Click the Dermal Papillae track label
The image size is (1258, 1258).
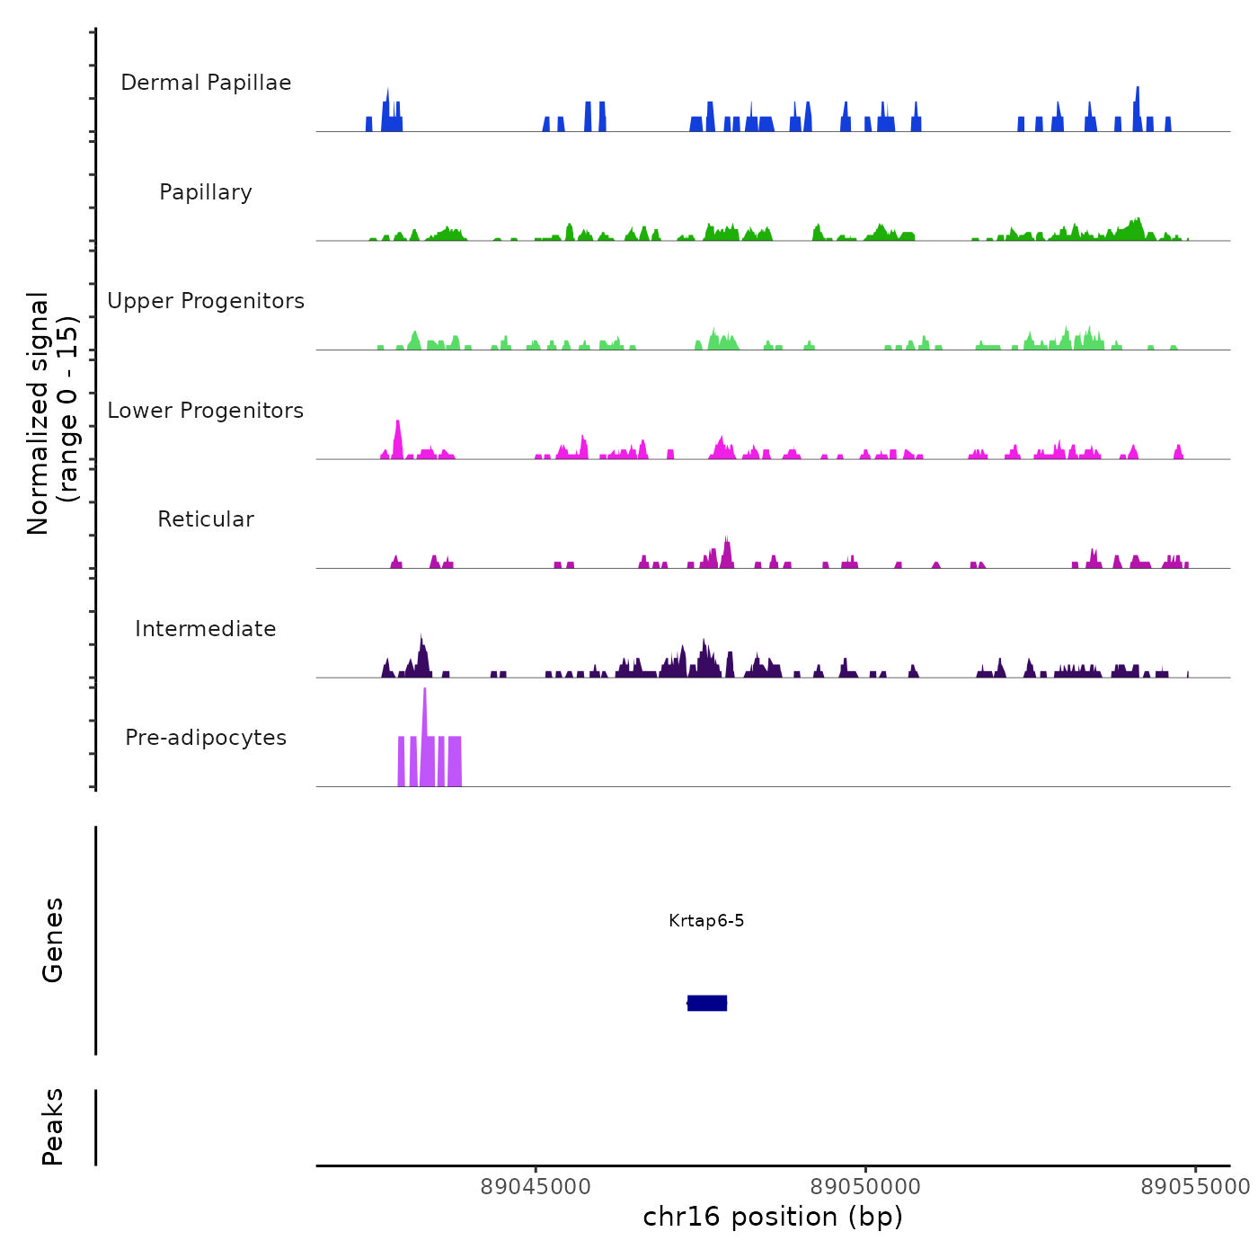(206, 83)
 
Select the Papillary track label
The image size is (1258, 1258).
(206, 192)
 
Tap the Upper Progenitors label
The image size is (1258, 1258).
(206, 301)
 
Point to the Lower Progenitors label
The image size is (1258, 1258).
(206, 411)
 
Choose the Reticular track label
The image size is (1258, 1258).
(206, 519)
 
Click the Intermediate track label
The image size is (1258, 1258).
(206, 629)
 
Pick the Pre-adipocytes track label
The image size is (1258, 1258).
(206, 738)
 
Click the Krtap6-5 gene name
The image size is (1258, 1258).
(706, 921)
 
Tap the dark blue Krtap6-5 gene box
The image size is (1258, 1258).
(707, 1003)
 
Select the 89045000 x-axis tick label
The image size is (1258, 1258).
(536, 1187)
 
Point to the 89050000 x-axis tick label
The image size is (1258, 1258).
(865, 1187)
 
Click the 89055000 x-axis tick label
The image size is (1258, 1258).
(1195, 1187)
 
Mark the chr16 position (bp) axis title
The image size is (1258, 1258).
(773, 1217)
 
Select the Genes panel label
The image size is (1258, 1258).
(53, 940)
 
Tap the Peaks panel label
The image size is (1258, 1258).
(53, 1127)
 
